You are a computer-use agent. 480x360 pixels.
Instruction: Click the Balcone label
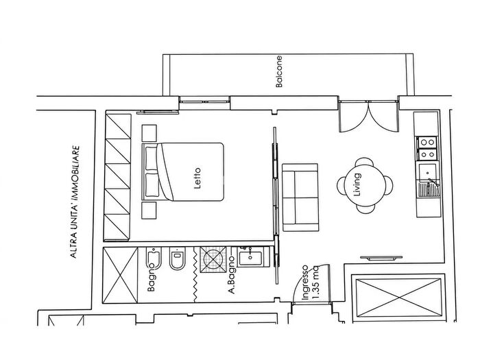[279, 71]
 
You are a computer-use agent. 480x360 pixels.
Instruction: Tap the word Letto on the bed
[197, 178]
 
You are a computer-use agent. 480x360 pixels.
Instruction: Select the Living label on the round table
[357, 184]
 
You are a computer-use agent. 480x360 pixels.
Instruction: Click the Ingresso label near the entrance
[305, 283]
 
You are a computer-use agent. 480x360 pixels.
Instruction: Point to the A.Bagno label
[232, 275]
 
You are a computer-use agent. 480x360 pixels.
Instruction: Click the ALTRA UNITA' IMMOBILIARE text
[75, 202]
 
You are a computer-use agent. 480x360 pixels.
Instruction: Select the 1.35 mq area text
[315, 283]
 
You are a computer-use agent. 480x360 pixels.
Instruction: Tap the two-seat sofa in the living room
[300, 197]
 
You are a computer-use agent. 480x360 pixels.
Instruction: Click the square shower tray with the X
[213, 260]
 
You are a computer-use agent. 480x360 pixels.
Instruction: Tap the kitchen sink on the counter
[428, 180]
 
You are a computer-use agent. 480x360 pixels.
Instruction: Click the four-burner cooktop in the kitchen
[427, 149]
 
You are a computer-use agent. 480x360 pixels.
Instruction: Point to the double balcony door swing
[369, 117]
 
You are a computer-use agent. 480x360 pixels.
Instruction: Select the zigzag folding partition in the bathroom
[195, 275]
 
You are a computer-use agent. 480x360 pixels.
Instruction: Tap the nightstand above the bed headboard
[149, 133]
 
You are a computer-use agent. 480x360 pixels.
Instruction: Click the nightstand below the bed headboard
[149, 211]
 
